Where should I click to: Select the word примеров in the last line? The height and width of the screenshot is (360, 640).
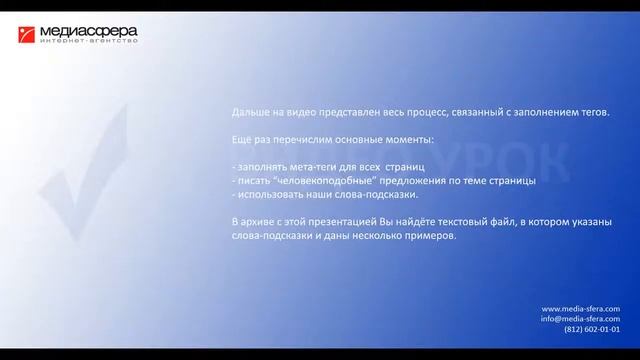pyautogui.click(x=431, y=237)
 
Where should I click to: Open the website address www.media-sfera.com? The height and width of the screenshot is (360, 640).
pyautogui.click(x=580, y=308)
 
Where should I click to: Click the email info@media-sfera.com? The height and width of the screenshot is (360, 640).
pyautogui.click(x=580, y=319)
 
